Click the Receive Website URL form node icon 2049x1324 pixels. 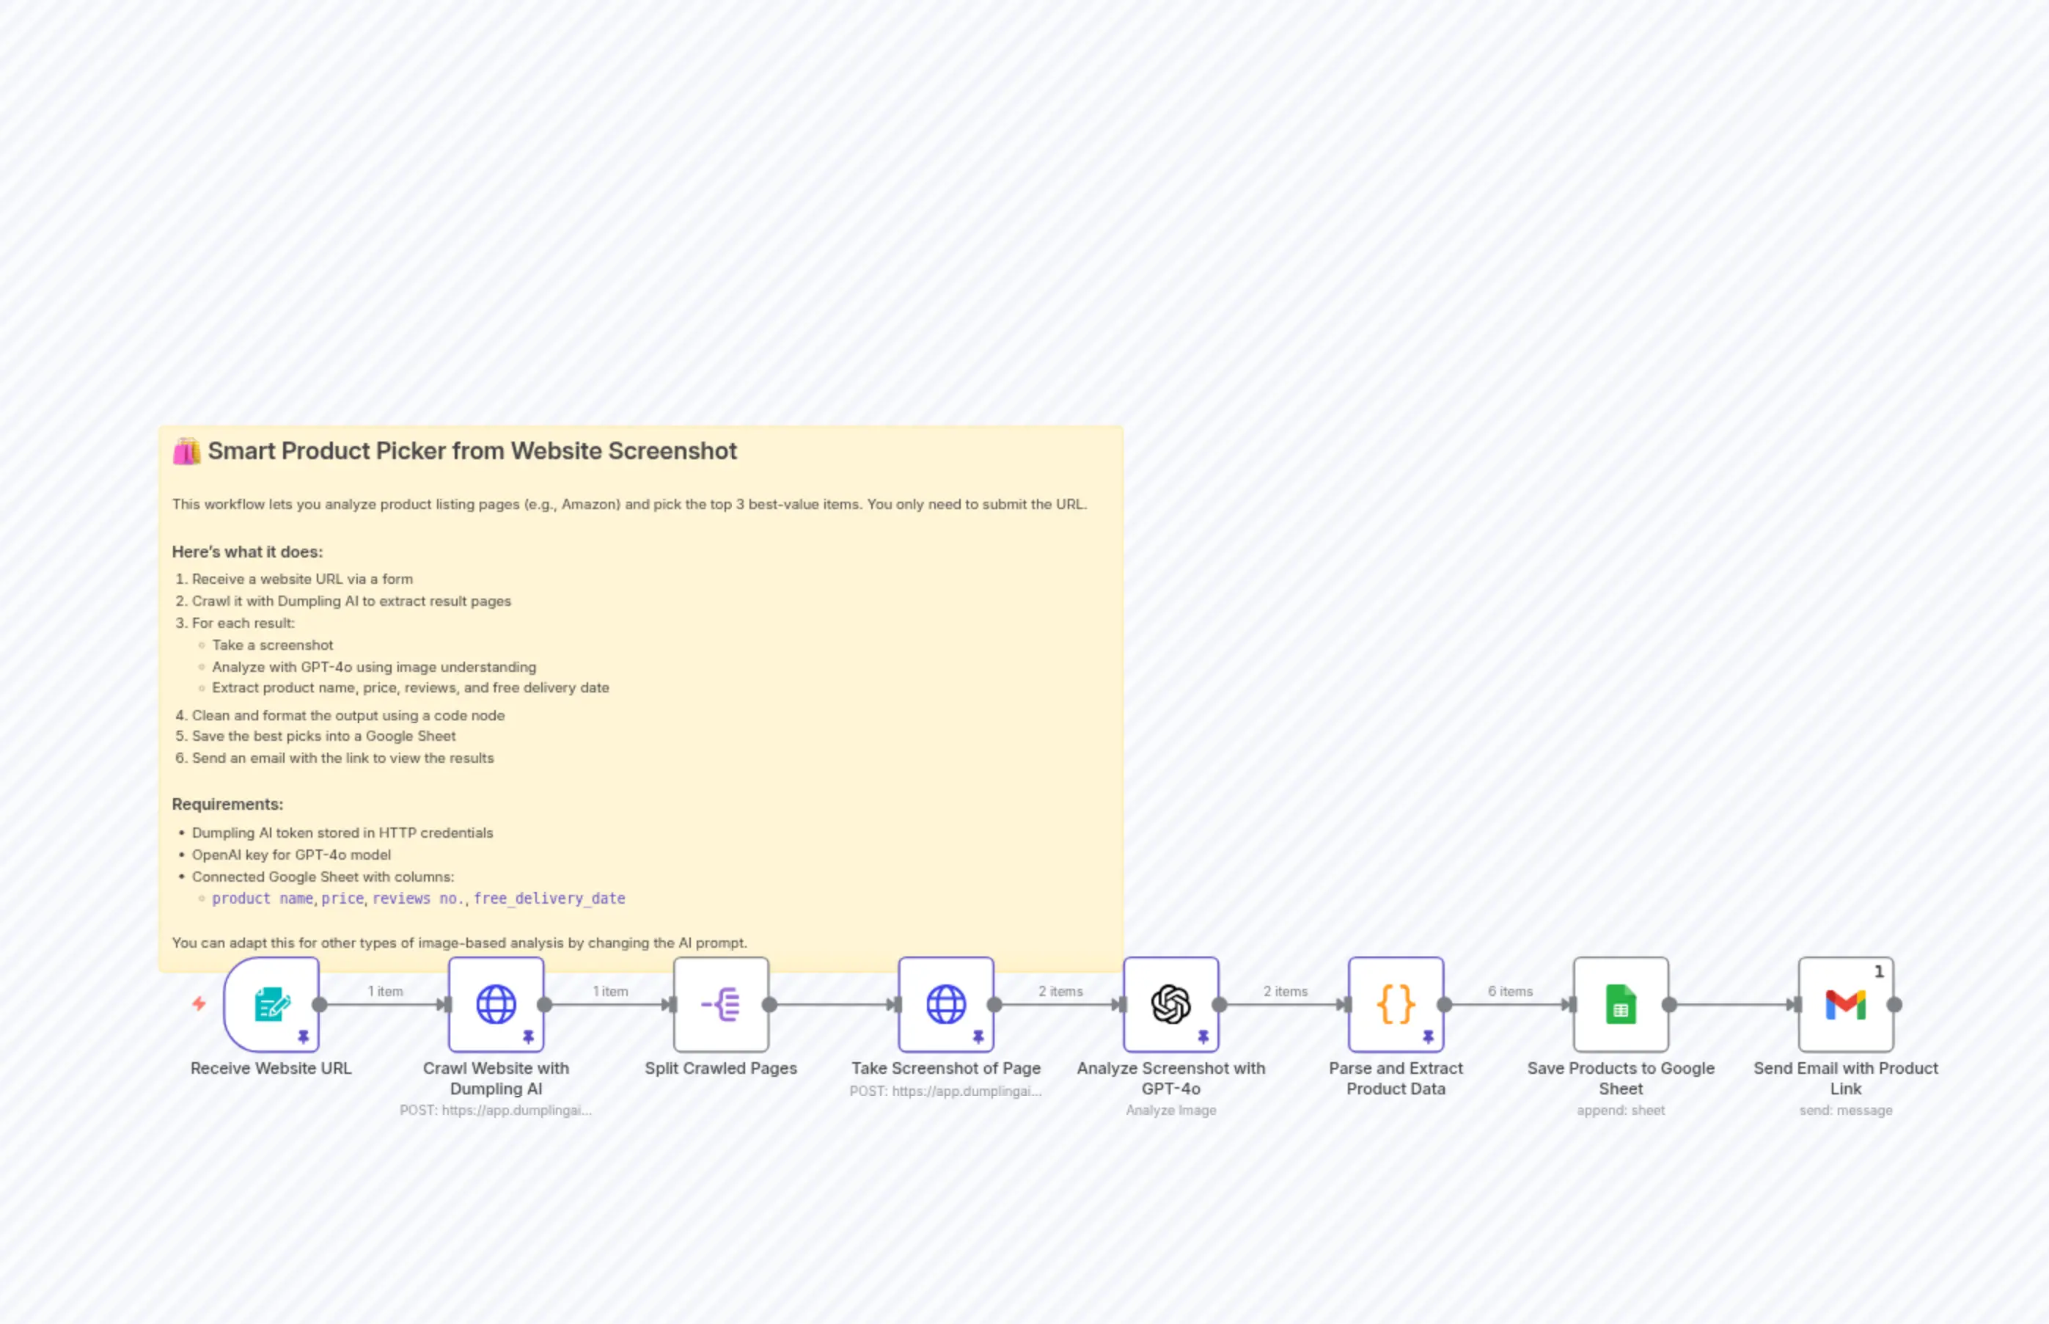[271, 1004]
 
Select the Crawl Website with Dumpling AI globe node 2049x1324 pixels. [496, 1004]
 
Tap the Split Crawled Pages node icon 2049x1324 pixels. [721, 1004]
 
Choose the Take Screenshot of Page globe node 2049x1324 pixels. [945, 1004]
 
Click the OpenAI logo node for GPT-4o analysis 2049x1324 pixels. [1170, 1004]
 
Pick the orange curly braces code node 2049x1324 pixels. [1396, 1004]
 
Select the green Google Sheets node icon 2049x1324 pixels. [1621, 1004]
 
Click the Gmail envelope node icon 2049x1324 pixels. [1845, 1004]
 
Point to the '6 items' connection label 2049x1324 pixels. [1510, 991]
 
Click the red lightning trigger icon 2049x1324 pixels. [199, 1003]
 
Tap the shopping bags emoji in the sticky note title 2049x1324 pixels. [186, 451]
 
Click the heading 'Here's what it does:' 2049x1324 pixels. [248, 552]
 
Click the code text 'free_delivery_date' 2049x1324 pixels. [549, 899]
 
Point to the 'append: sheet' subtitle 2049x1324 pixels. [1621, 1111]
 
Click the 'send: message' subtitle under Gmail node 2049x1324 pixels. [1845, 1111]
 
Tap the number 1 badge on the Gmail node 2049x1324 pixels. [1879, 971]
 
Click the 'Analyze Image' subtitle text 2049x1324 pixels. [1170, 1111]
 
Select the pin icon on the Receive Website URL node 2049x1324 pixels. [304, 1037]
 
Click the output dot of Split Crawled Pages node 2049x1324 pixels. [769, 1004]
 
